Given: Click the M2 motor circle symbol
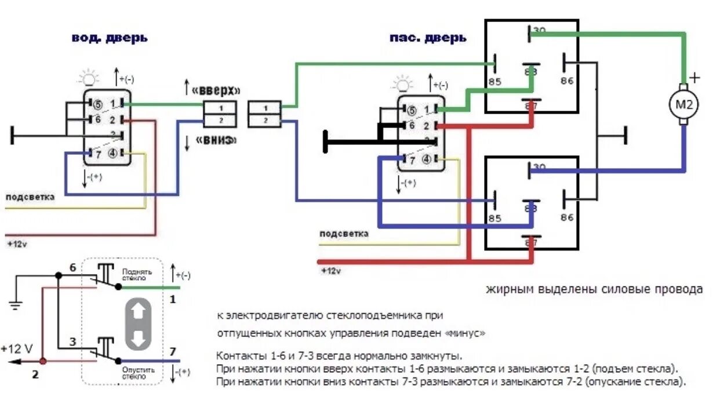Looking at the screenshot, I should (685, 105).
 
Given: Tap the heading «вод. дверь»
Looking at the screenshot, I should (110, 38).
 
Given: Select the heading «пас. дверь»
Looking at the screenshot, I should (428, 38).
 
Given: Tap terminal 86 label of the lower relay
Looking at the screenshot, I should (567, 217).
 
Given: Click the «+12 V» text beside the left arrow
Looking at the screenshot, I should (17, 349).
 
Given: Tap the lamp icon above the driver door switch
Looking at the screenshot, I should (89, 77).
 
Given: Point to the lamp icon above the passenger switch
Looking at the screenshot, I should (402, 85).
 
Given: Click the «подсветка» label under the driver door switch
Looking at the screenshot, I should (30, 197).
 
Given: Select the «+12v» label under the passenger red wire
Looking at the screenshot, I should (331, 271).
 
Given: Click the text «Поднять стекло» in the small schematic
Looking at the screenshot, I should (137, 274).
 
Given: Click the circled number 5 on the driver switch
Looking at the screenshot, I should (97, 105).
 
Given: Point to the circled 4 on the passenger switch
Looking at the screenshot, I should (427, 159).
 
